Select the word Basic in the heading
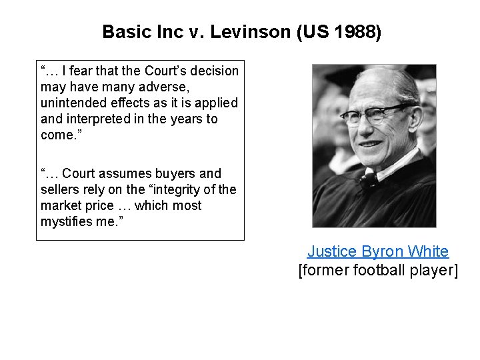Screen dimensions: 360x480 123,31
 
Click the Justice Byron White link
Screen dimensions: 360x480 377,251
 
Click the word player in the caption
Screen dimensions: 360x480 435,271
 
